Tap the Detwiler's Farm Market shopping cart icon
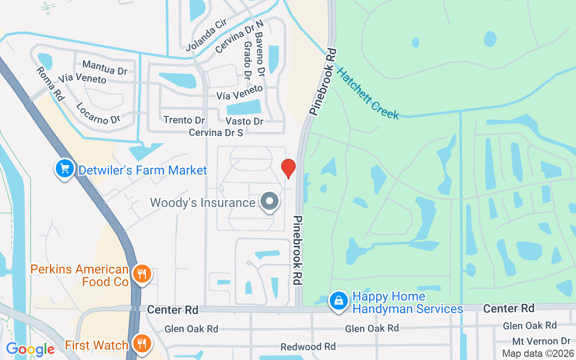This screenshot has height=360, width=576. coord(65,170)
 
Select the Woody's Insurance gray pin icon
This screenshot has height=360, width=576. coord(270,202)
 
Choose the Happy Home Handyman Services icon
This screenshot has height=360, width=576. coord(339,301)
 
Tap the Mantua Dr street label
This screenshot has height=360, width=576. coord(105,68)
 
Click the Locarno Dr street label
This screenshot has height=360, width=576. coord(98,113)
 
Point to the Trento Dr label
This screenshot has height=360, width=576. coord(184,120)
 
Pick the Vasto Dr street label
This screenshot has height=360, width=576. coord(244,121)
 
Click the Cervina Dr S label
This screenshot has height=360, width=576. coord(216,133)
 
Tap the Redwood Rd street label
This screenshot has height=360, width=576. coord(308,347)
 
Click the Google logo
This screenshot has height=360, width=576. coord(30,349)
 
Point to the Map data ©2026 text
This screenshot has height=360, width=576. coord(538,354)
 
